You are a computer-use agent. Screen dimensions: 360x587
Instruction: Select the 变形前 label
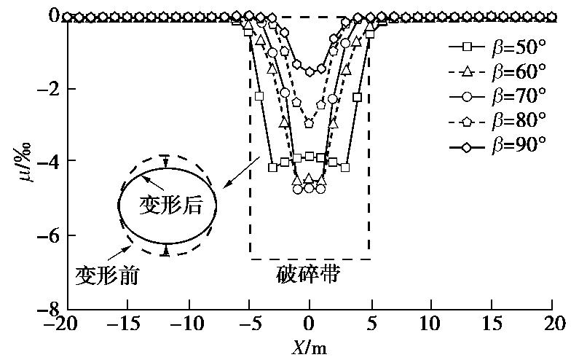(107, 275)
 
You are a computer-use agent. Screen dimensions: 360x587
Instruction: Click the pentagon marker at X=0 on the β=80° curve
(310, 124)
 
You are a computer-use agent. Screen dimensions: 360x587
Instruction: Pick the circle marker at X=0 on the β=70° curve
(310, 188)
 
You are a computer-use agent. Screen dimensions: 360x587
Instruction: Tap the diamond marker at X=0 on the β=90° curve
(310, 71)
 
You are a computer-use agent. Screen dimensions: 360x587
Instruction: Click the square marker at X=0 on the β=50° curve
(310, 156)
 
